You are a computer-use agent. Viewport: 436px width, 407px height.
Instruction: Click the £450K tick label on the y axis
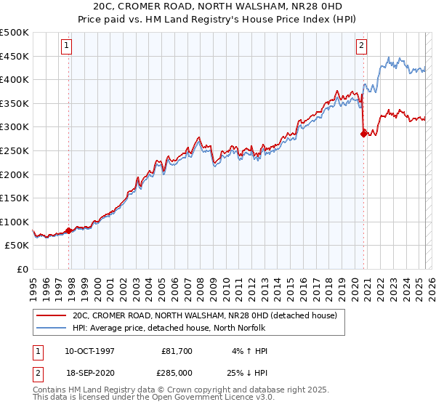point(15,56)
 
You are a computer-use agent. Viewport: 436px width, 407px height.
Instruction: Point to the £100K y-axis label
point(15,222)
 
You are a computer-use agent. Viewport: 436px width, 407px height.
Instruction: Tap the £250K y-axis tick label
point(15,150)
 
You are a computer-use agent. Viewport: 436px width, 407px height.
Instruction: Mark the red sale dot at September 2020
point(364,133)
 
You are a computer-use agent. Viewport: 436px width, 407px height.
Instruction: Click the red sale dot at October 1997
point(69,230)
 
